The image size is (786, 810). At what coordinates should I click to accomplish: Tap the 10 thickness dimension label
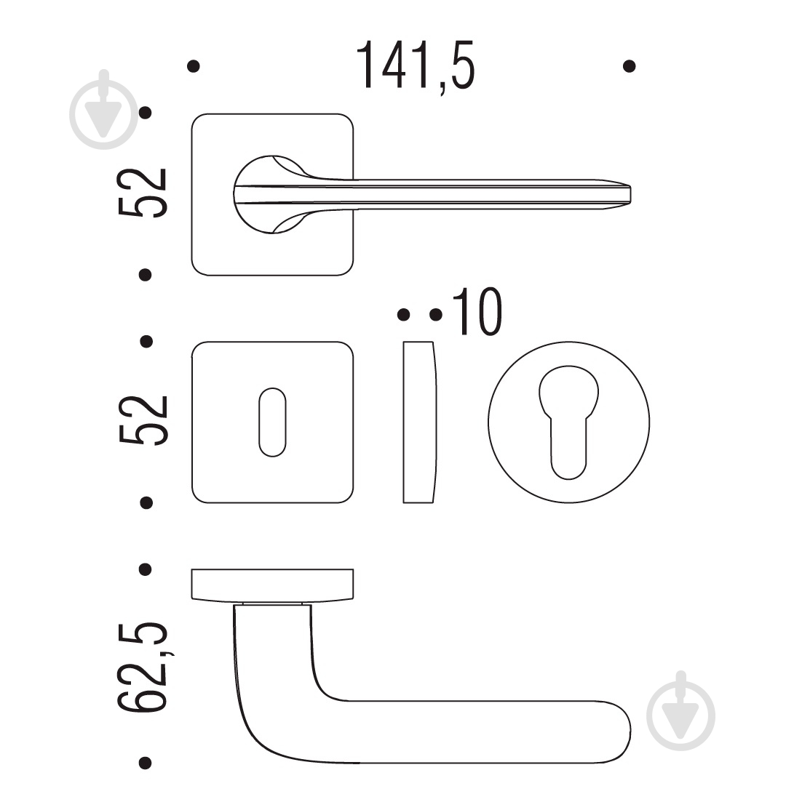pyautogui.click(x=477, y=312)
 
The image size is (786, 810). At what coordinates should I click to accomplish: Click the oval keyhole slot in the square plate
pyautogui.click(x=272, y=422)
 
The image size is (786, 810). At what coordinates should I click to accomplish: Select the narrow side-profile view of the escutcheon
pyautogui.click(x=419, y=422)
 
